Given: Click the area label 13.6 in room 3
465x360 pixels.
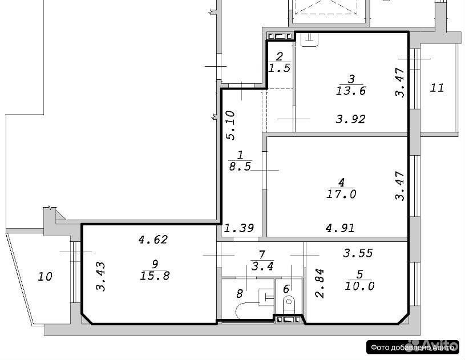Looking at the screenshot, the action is tap(351, 91).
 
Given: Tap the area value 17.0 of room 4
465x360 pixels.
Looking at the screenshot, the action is tap(341, 194).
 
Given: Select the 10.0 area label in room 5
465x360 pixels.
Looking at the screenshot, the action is tap(359, 286).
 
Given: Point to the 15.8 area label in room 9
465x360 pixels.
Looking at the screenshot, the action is tap(155, 276).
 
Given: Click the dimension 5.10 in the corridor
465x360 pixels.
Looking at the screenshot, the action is tap(231, 125).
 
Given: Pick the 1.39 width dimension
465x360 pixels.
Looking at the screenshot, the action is tap(239, 228).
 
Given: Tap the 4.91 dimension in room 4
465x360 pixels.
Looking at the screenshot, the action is tap(340, 228).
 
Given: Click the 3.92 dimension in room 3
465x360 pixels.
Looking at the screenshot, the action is tap(350, 119).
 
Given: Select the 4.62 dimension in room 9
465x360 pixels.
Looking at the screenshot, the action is tap(153, 239).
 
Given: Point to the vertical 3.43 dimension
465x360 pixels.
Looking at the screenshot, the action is tap(102, 276).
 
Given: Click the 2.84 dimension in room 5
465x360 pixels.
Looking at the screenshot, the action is tap(320, 283).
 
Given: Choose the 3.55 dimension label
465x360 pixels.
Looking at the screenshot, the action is tap(358, 253).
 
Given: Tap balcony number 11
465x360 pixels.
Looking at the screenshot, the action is tap(437, 88).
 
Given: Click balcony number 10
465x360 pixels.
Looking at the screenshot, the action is tap(45, 277).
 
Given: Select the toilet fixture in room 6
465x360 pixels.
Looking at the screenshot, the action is tap(289, 305).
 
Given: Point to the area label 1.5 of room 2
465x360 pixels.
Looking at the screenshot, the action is tap(280, 68).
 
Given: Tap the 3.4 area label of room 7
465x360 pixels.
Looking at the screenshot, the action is tap(262, 266).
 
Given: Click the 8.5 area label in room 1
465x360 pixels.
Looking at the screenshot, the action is tap(240, 167).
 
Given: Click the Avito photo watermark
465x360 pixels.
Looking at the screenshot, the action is tap(413, 347).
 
